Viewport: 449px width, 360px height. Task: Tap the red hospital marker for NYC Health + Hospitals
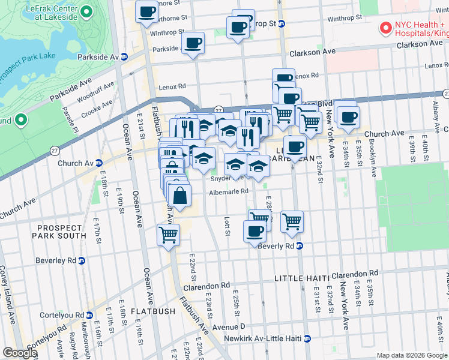pos(384,28)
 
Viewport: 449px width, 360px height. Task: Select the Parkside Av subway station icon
pos(124,57)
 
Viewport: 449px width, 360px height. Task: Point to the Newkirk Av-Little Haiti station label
pos(260,339)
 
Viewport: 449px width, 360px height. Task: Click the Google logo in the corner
pos(20,353)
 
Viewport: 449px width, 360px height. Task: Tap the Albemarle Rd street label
pos(228,192)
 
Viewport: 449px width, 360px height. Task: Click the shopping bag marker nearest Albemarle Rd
pos(179,195)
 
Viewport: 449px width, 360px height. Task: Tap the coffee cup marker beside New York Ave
pos(347,117)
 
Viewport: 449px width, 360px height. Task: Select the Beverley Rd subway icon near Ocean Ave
pos(82,260)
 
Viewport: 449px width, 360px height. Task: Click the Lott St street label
pos(228,226)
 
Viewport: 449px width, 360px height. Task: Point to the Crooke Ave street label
pos(97,106)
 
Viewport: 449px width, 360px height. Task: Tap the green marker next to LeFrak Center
pos(85,12)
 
